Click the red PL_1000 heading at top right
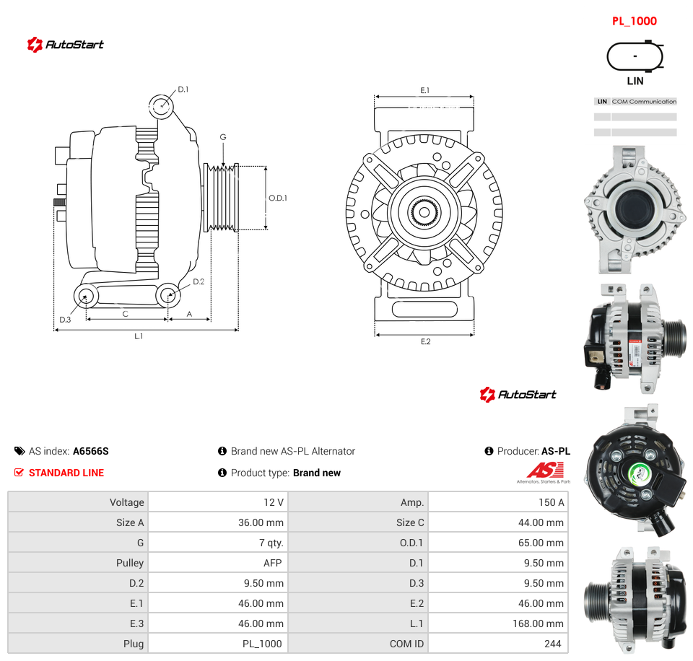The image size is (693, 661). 635,21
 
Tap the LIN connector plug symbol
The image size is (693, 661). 635,56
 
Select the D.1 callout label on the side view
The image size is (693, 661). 183,89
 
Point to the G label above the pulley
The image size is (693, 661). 223,137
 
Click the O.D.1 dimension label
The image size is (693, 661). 278,198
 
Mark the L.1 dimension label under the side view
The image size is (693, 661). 139,336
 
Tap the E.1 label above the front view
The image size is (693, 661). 424,90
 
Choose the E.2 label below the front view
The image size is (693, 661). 426,341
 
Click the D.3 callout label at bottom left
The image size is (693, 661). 65,320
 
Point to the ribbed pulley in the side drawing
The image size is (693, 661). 221,198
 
